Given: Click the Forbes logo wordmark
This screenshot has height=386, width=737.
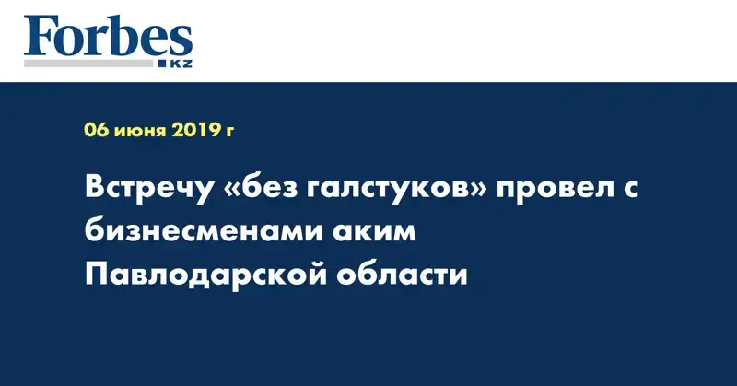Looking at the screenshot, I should (108, 37).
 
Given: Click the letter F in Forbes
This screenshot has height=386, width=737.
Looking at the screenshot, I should (39, 38).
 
